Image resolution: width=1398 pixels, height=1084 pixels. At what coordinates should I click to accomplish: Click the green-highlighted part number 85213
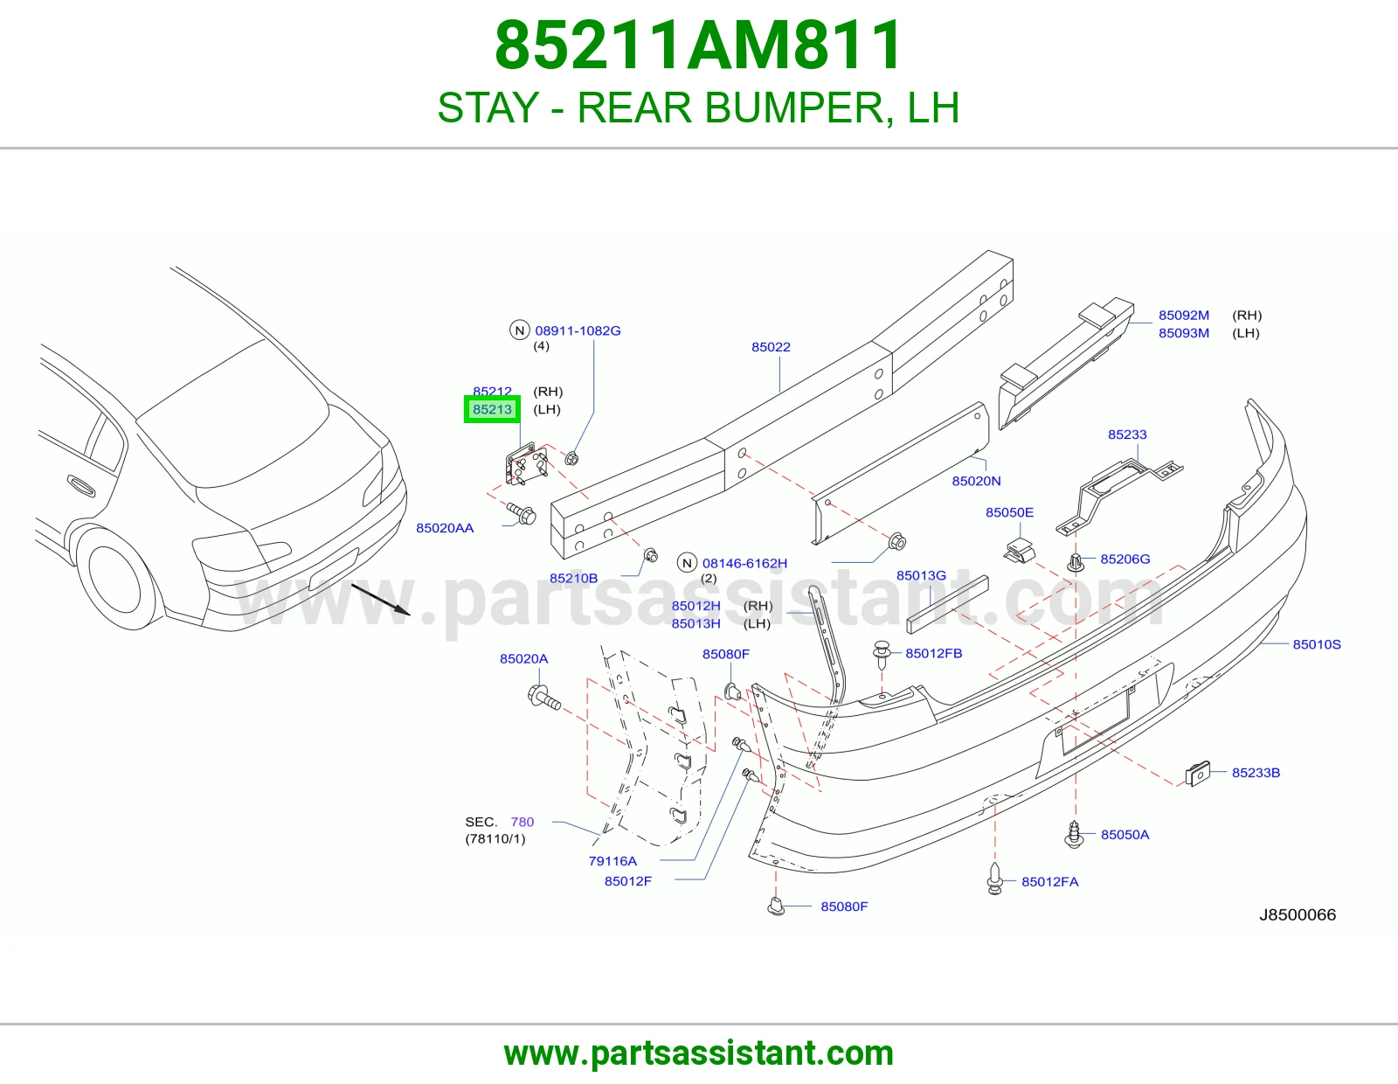[x=492, y=409]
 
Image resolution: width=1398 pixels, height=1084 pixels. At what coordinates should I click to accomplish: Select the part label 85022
[x=771, y=347]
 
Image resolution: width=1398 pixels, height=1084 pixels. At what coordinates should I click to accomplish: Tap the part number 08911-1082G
[x=578, y=330]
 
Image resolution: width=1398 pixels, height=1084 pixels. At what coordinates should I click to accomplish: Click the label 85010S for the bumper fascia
[x=1317, y=644]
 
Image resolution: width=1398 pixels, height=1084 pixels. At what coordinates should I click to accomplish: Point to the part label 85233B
[x=1256, y=773]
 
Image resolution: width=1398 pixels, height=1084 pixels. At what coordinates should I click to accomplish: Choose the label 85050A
[x=1125, y=835]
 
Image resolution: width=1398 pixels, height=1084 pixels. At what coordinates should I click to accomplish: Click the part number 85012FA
[x=1050, y=882]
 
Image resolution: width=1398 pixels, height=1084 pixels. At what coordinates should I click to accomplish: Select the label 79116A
[x=612, y=861]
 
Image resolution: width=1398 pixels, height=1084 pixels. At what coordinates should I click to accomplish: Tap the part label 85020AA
[x=445, y=529]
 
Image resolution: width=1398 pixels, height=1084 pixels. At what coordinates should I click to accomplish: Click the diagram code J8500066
[x=1298, y=914]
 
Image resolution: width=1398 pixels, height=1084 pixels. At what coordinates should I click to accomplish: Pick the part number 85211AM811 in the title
[x=699, y=45]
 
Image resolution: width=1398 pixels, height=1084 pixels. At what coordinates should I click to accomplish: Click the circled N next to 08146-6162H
[x=687, y=563]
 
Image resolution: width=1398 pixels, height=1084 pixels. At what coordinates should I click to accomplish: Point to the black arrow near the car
[x=380, y=600]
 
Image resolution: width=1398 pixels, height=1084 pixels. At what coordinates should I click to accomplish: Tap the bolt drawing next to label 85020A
[x=544, y=698]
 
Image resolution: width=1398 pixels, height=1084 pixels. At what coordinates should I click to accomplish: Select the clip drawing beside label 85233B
[x=1198, y=774]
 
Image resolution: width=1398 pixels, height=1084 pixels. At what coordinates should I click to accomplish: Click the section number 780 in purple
[x=523, y=822]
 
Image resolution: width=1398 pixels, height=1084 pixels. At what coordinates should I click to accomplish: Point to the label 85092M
[x=1184, y=316]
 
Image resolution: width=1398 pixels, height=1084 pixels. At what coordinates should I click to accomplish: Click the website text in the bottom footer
[x=699, y=1053]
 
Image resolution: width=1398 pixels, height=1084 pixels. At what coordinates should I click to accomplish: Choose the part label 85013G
[x=921, y=575]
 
